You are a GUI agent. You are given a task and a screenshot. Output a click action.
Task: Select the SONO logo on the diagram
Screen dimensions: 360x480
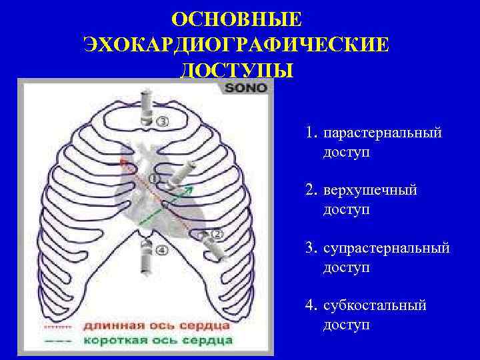click(246, 87)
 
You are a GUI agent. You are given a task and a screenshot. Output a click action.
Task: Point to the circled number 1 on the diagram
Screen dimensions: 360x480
click(155, 179)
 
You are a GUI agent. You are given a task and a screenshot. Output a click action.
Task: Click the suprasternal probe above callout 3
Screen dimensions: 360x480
click(146, 107)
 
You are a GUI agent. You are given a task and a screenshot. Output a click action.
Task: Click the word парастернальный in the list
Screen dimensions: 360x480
click(382, 133)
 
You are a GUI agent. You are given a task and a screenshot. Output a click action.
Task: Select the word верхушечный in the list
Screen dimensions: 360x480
click(370, 191)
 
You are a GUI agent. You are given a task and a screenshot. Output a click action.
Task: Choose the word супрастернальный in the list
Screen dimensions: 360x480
click(386, 248)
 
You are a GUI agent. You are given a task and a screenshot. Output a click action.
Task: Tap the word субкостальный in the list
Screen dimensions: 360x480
click(375, 305)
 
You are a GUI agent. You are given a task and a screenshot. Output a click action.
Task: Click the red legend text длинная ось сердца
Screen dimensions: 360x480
click(157, 326)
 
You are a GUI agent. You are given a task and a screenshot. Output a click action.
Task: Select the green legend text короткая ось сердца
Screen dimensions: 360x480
click(159, 340)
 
